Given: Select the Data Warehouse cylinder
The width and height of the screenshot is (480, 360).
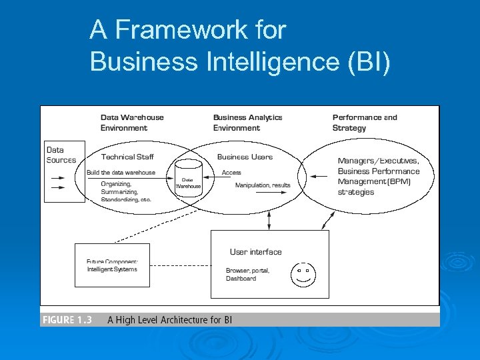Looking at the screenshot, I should tap(188, 178).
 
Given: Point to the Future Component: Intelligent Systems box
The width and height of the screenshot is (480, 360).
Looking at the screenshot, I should tap(112, 265).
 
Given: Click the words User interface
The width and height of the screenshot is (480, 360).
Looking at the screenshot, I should tap(255, 252).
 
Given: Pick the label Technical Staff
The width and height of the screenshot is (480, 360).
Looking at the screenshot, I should tap(127, 157).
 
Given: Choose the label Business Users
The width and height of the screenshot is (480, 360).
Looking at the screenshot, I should tap(245, 157).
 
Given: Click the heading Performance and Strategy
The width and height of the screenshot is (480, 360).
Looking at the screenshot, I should tap(364, 123).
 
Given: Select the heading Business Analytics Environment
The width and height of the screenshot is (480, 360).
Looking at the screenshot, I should tap(247, 123).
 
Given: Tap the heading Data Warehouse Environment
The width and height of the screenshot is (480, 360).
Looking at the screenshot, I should tap(132, 123).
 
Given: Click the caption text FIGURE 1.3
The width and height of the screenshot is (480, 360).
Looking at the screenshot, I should tap(67, 320).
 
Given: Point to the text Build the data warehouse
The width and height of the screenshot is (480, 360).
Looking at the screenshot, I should tap(121, 173).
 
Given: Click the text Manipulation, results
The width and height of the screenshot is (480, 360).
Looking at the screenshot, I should tap(263, 185).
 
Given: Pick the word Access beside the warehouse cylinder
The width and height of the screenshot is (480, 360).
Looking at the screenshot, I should tap(231, 173).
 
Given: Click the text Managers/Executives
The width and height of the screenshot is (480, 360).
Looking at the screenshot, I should tap(378, 161).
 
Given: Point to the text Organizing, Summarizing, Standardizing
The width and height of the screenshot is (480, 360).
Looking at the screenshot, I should tap(126, 191).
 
